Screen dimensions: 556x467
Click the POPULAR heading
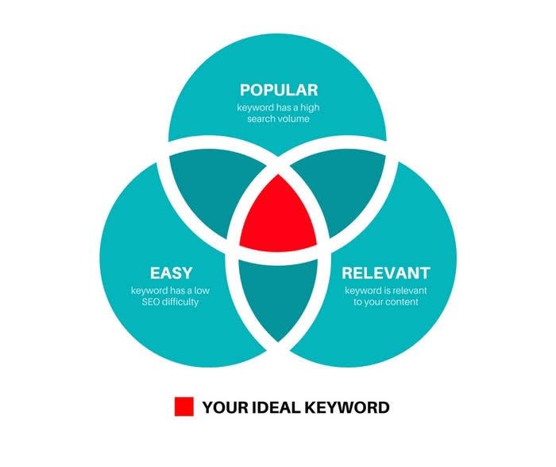pos(278,89)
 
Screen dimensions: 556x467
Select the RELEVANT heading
pos(385,273)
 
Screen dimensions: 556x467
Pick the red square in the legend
pos(184,407)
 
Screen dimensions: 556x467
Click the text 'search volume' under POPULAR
pos(278,119)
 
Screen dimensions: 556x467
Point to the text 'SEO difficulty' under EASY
pos(171,302)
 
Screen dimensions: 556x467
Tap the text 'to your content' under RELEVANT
pos(385,302)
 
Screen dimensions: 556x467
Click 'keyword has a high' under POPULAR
pos(278,107)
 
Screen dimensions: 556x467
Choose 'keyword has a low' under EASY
pos(171,290)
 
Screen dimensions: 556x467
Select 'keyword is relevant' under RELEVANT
pos(385,290)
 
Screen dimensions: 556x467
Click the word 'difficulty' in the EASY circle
pos(183,302)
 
